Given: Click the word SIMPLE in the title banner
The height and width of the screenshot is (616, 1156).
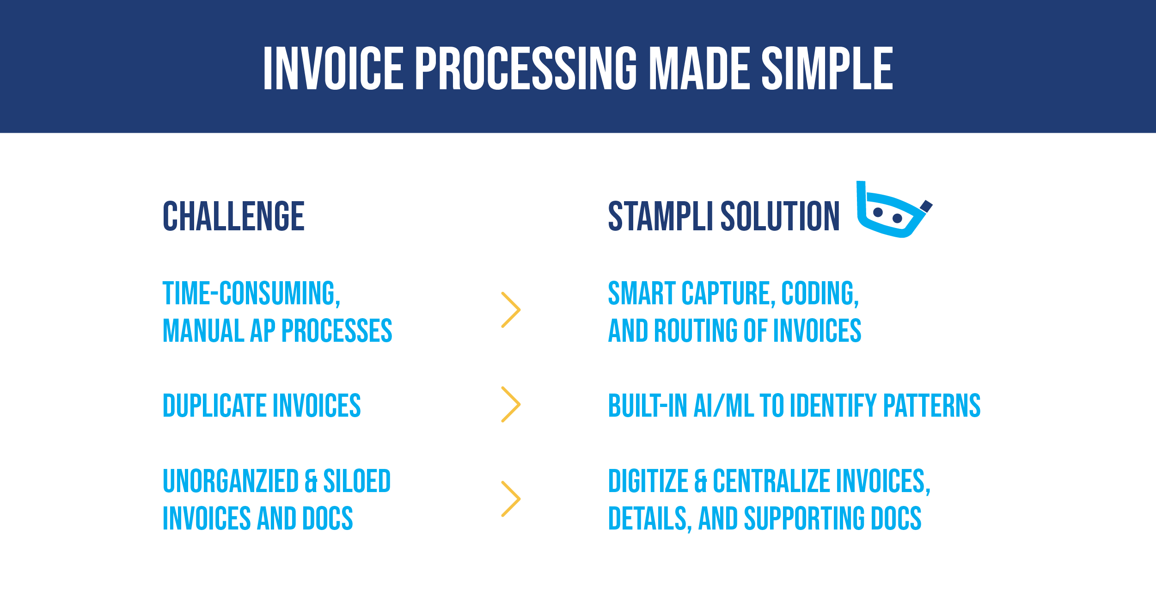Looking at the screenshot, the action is pyautogui.click(x=827, y=68).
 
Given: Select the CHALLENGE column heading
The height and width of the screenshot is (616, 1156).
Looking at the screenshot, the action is pyautogui.click(x=233, y=216).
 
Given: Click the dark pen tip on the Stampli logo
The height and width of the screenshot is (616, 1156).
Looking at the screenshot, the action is pyautogui.click(x=926, y=206).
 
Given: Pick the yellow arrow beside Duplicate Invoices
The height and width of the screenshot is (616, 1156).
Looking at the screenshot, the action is pyautogui.click(x=511, y=404).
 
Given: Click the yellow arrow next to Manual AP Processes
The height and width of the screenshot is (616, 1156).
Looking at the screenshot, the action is pyautogui.click(x=511, y=310).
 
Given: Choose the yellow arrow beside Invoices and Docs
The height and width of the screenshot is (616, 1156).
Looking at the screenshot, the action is pyautogui.click(x=511, y=499).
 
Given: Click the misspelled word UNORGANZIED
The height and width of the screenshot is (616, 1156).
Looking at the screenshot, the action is pyautogui.click(x=231, y=481).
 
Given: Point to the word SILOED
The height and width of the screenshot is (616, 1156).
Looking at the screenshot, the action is pyautogui.click(x=357, y=481).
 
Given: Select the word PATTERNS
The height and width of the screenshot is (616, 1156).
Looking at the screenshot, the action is pyautogui.click(x=932, y=406).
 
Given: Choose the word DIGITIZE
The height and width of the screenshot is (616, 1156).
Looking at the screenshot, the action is pyautogui.click(x=648, y=481).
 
